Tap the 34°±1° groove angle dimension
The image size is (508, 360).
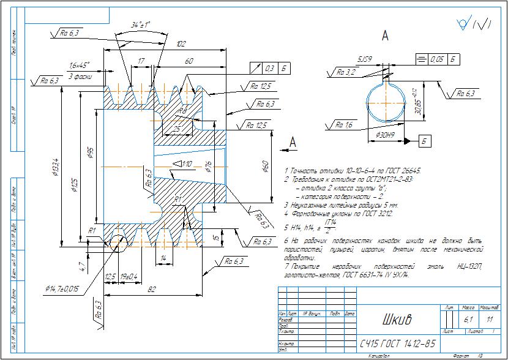pos(141,26)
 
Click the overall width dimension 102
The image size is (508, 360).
pos(181,45)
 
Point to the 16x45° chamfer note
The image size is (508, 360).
pos(80,65)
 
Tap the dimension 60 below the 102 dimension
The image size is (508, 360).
pos(189,61)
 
